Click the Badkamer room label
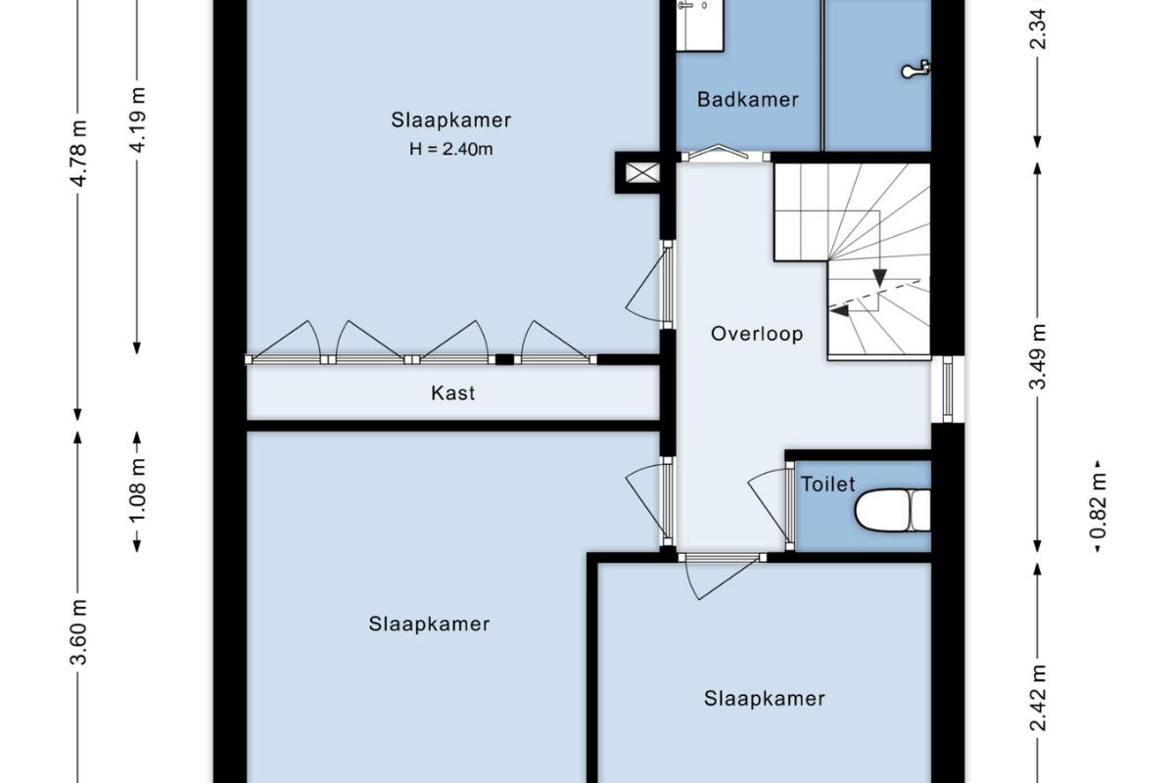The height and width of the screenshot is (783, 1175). point(747,100)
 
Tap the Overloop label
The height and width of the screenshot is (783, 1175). point(757,334)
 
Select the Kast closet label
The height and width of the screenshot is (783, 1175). point(453,392)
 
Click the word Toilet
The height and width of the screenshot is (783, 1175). point(827,484)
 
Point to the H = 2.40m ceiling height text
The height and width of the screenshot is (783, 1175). point(451,150)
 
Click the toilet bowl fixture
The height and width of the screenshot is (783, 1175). point(893,510)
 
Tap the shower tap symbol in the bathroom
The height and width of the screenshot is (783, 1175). point(916,69)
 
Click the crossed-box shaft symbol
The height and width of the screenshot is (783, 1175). point(642,172)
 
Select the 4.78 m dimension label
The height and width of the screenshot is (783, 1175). point(78,153)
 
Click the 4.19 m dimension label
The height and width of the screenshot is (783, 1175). point(137,120)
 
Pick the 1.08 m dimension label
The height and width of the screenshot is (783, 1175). point(137,491)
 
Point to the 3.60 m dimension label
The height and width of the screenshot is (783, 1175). point(78,632)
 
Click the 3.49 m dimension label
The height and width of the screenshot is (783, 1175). point(1038,357)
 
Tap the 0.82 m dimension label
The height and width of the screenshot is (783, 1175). point(1098,506)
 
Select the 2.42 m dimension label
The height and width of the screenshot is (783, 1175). point(1038,698)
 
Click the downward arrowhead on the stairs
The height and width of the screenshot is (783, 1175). point(879,277)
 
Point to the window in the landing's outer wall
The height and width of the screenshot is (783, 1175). point(948,389)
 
